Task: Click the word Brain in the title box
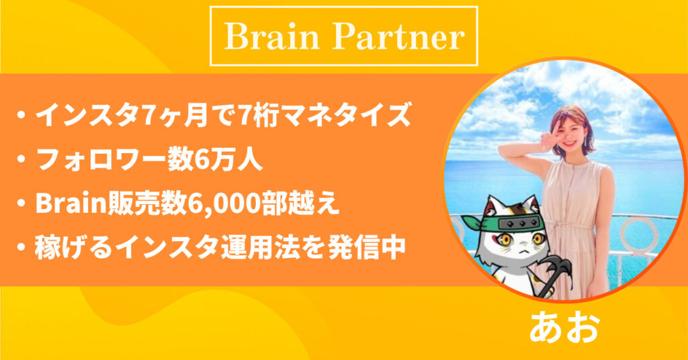(x=272, y=36)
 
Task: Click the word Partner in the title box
(x=398, y=36)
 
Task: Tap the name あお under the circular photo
(x=564, y=328)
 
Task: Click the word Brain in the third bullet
(x=72, y=205)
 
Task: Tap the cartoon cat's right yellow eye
(x=538, y=239)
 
